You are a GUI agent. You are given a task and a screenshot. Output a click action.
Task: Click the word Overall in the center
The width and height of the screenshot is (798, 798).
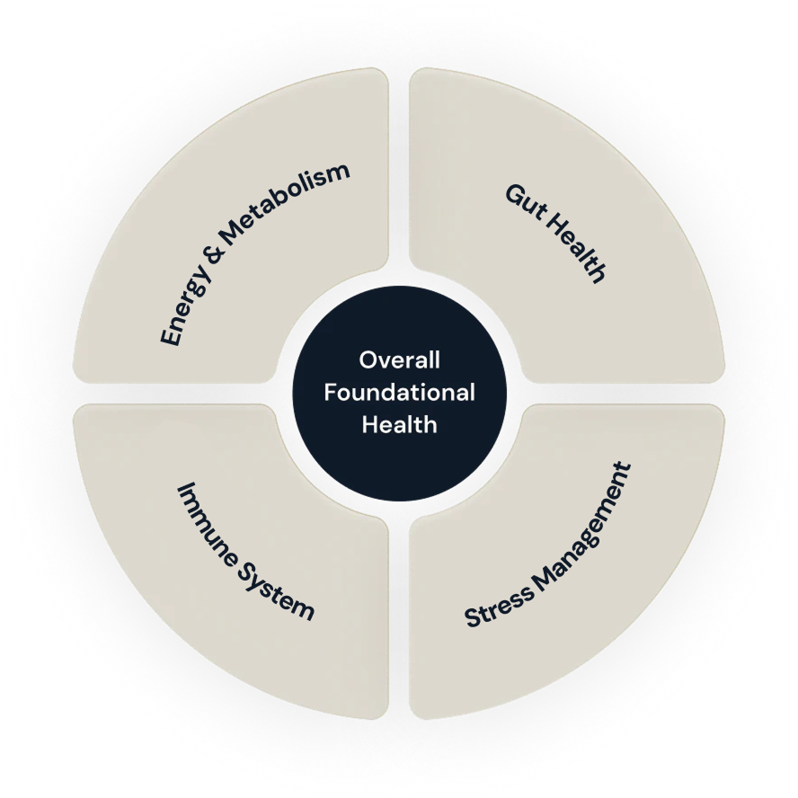pos(399,360)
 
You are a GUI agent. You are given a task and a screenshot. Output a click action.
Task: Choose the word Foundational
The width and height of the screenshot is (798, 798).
pos(399,392)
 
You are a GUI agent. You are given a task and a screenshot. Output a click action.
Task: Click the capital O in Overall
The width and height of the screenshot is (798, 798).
pos(368,360)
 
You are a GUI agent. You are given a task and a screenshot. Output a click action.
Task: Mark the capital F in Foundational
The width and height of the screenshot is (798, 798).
pos(330,392)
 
